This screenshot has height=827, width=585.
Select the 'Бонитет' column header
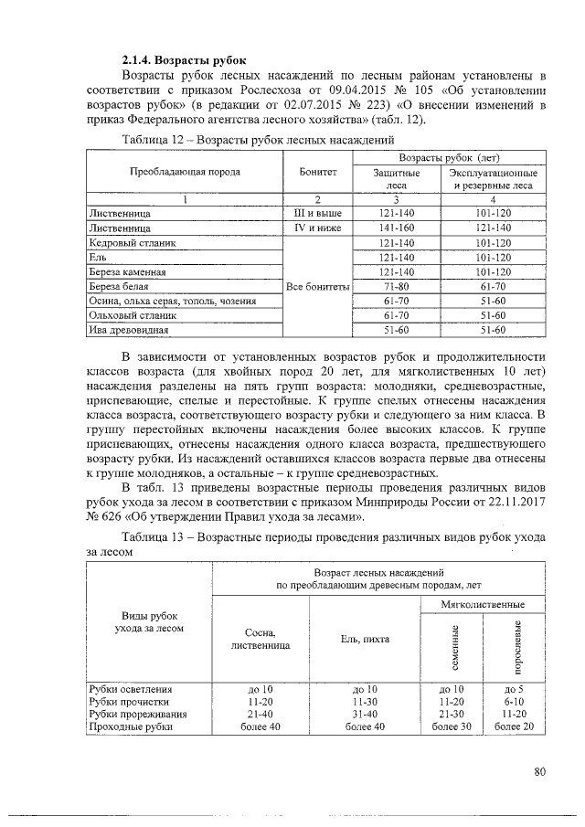tap(317, 171)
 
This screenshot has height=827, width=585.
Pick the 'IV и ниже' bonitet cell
tap(317, 227)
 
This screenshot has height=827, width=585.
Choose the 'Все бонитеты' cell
tap(317, 286)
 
